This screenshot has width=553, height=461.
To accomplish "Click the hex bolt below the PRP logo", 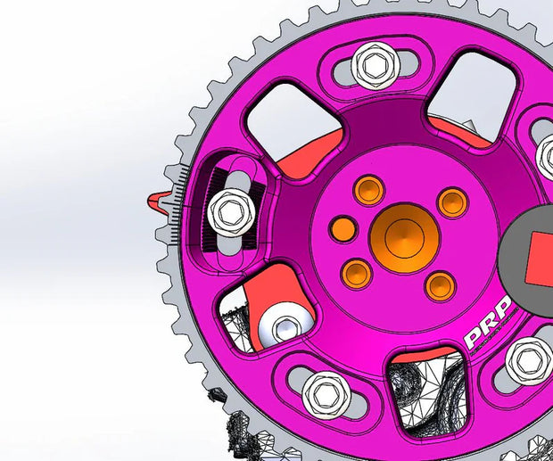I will [x=528, y=361].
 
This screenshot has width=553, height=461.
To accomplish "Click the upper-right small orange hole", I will [x=452, y=202].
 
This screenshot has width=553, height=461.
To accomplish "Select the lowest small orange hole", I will [x=440, y=285].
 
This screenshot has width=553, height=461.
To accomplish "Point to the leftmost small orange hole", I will [x=343, y=229].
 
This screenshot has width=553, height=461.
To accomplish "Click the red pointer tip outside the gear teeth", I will [x=158, y=200].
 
